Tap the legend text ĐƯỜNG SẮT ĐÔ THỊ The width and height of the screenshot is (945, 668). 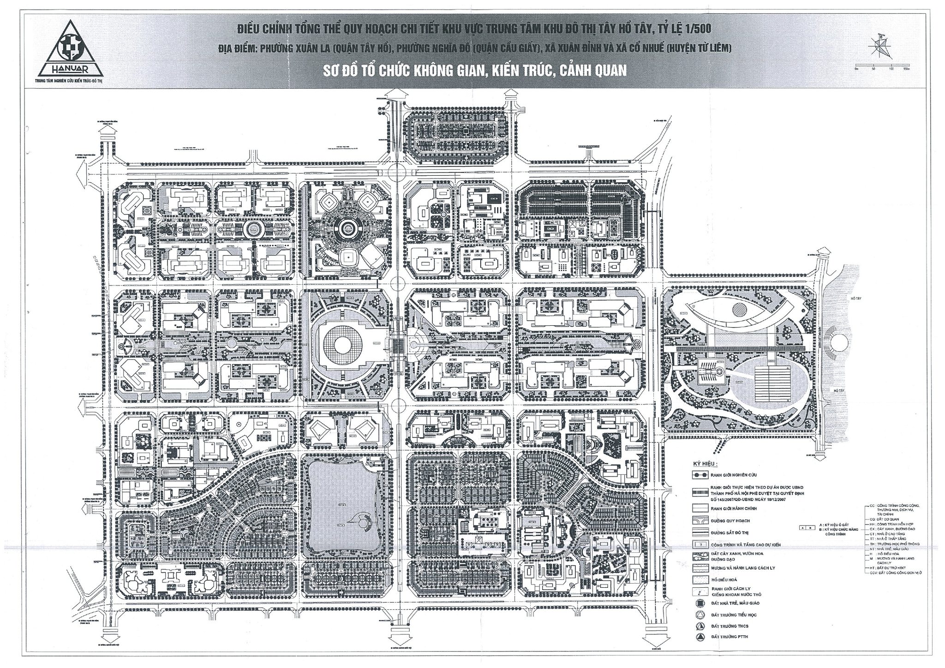click(731, 533)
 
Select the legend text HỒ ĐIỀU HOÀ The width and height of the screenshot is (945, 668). click(727, 579)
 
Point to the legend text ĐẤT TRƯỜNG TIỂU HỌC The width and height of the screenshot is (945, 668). click(734, 615)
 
